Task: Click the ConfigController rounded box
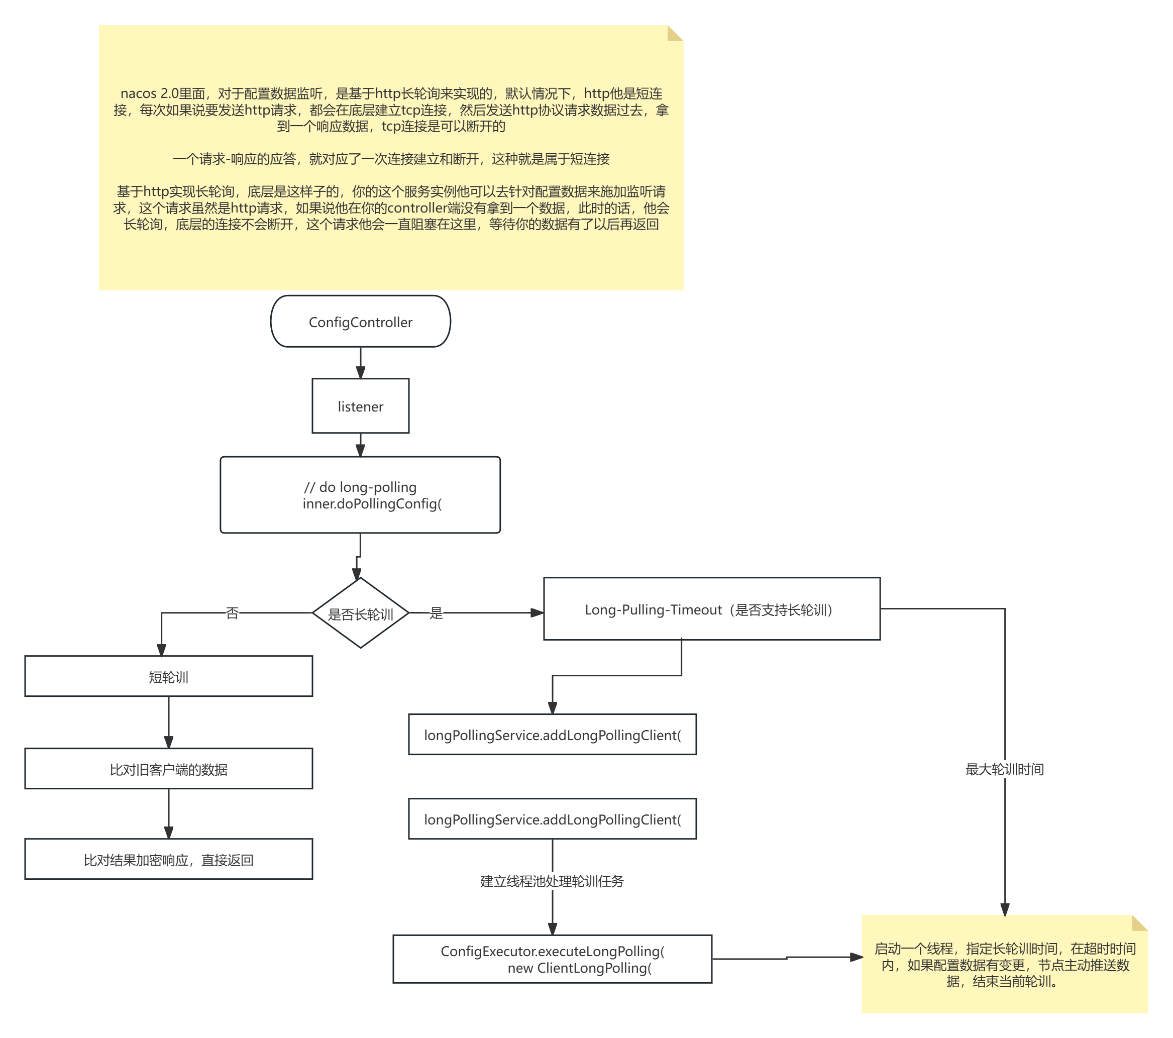[x=360, y=322]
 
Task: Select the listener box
[x=360, y=405]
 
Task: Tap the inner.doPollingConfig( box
[x=360, y=494]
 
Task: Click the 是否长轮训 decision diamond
[x=360, y=613]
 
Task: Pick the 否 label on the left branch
[x=233, y=613]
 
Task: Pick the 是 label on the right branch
[x=436, y=613]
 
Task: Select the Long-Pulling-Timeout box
[x=712, y=609]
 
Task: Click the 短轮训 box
[x=169, y=676]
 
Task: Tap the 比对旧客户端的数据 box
[x=169, y=769]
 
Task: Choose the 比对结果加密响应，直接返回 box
[x=169, y=859]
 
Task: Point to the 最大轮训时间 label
[x=1004, y=770]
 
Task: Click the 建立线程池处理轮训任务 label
[x=552, y=881]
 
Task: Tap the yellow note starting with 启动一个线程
[x=1005, y=964]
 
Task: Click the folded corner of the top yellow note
[x=676, y=33]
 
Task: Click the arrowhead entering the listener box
[x=360, y=372]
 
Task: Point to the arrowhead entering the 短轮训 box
[x=161, y=650]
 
